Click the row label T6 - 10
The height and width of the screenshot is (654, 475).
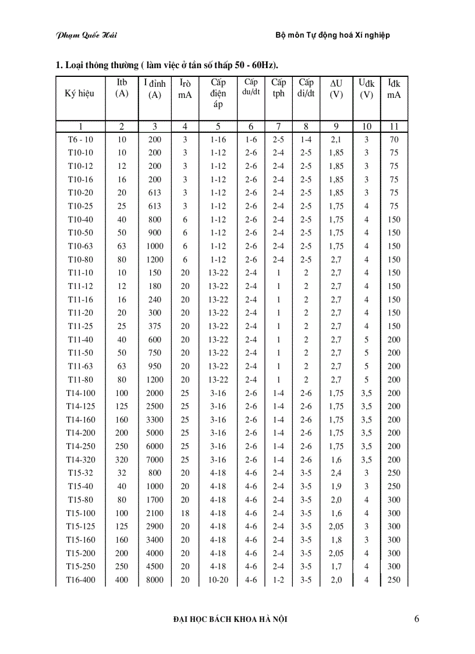80,140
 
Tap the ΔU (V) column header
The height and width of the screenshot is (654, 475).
336,89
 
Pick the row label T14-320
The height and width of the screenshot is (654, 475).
80,459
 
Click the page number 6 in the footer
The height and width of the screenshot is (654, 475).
416,619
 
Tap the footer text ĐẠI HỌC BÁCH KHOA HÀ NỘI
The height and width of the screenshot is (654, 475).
231,620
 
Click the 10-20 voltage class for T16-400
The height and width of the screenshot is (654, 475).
218,580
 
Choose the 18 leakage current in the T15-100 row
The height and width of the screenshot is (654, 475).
185,513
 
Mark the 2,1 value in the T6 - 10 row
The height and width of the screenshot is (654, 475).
336,140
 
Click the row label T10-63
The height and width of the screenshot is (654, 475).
80,246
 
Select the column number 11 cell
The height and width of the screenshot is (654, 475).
394,126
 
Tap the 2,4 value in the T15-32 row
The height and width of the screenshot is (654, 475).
336,473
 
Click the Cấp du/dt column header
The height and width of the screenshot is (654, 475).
251,87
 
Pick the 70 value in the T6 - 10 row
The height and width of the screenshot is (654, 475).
394,140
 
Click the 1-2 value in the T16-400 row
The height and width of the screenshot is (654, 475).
278,580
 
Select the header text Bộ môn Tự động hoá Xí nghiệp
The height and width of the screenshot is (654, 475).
332,36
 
